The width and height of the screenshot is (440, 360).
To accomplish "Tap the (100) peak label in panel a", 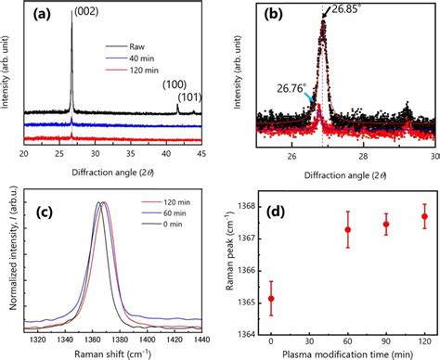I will click(172, 84).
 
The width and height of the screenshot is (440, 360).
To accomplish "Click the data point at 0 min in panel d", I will click(270, 298).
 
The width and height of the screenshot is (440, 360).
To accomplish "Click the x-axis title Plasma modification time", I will click(346, 354).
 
